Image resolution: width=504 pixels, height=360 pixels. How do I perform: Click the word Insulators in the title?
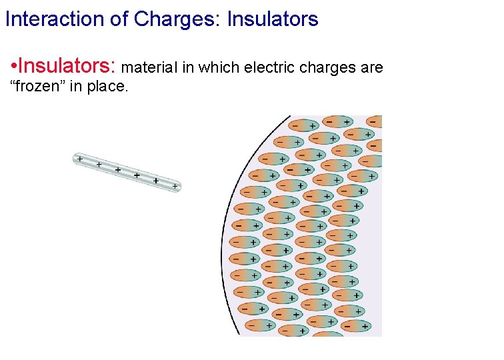tap(272, 19)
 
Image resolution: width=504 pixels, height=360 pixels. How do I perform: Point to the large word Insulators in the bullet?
tap(67, 67)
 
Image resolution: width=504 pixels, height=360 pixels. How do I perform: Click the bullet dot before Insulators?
tap(14, 67)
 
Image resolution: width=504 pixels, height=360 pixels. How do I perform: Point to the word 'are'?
tap(371, 69)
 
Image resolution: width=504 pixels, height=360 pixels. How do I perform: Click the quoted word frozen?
tap(38, 86)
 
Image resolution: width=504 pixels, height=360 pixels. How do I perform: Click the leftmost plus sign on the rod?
tap(79, 159)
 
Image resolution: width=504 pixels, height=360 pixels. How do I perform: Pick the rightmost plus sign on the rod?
tap(175, 187)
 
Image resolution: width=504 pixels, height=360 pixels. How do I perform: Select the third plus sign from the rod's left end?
tap(117, 170)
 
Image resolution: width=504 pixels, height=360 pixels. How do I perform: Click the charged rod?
tap(127, 173)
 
